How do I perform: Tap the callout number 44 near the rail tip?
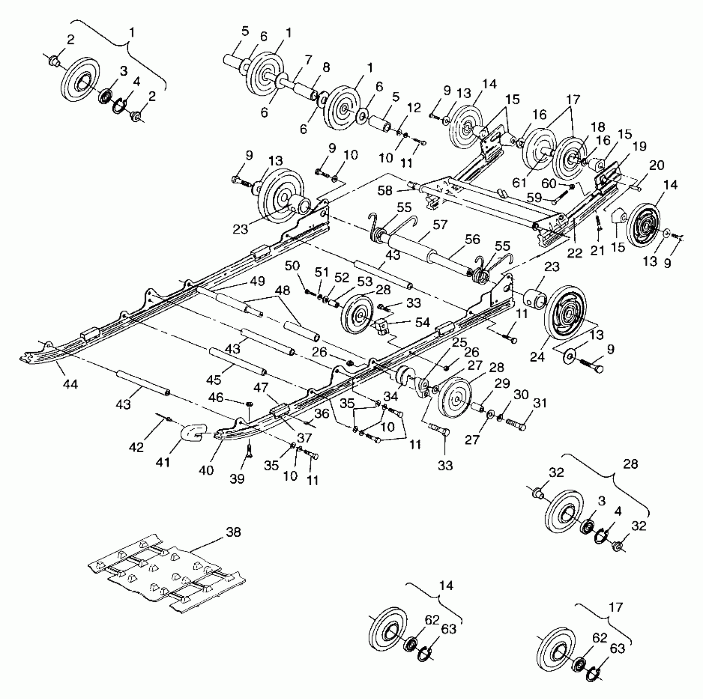coord(70,384)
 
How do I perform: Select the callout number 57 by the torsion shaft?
coord(439,225)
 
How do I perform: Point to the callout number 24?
coord(537,356)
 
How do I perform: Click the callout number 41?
coord(163,462)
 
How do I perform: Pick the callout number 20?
coord(657,165)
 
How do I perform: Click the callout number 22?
coord(574,254)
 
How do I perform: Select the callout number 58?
coord(385,191)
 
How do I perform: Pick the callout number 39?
coord(237,478)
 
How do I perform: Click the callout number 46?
coord(216,397)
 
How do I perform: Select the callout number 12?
coord(414,108)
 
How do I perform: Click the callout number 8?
coord(326,67)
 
